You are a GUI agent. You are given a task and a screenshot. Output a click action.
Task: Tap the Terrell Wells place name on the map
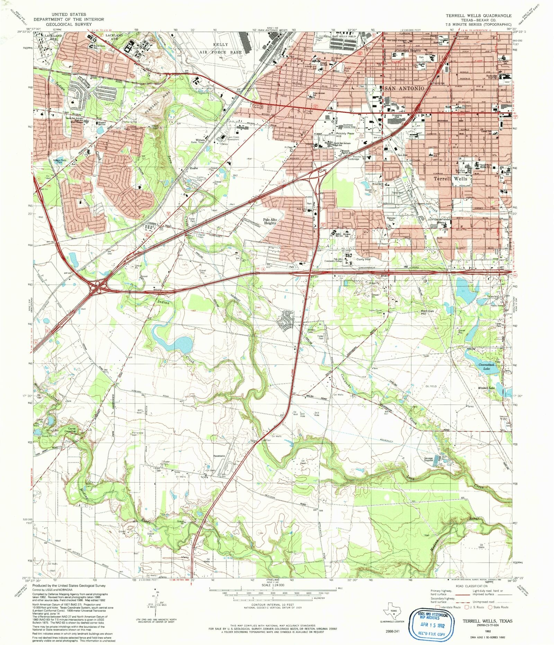(451, 179)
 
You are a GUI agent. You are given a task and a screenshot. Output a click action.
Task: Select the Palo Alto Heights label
(270, 221)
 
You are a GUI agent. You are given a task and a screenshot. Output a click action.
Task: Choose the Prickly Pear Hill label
(344, 135)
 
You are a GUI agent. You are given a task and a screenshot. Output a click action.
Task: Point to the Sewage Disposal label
(428, 460)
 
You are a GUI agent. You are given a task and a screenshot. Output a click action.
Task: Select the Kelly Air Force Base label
(221, 48)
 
